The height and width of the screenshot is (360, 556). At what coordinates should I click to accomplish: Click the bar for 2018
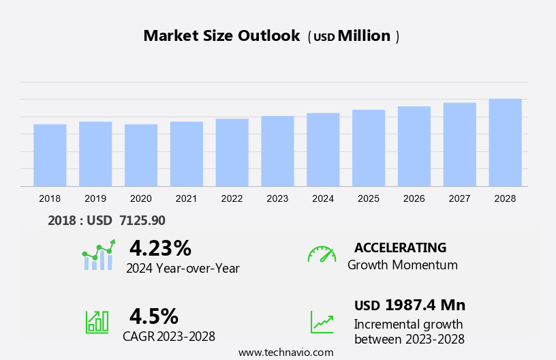[50, 155]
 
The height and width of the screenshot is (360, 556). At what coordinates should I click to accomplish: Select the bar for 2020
[141, 155]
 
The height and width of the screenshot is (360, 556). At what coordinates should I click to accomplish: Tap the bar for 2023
[277, 151]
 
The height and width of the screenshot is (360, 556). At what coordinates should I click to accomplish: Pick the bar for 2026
[414, 146]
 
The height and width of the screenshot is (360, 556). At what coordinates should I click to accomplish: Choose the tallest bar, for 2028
[505, 142]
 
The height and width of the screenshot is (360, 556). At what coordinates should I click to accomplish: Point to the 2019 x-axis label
[95, 198]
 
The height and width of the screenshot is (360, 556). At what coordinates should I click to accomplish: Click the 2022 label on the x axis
[232, 198]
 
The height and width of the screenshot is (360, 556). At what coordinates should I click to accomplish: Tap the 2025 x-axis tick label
[369, 198]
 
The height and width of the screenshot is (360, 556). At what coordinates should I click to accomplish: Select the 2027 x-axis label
[460, 198]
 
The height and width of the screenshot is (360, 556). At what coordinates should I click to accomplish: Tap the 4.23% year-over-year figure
[160, 247]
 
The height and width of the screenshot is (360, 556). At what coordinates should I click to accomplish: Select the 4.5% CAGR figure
[154, 316]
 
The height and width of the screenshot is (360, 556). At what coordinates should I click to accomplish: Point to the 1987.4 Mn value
[424, 305]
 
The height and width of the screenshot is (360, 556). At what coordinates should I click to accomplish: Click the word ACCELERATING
[400, 247]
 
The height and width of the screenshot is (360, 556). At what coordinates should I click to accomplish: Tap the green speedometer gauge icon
[322, 254]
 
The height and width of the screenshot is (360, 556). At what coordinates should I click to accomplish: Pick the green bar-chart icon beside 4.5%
[97, 322]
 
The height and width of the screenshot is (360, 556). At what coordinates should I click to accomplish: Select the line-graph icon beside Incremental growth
[322, 322]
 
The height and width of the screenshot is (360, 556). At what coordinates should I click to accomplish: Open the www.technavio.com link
[285, 352]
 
